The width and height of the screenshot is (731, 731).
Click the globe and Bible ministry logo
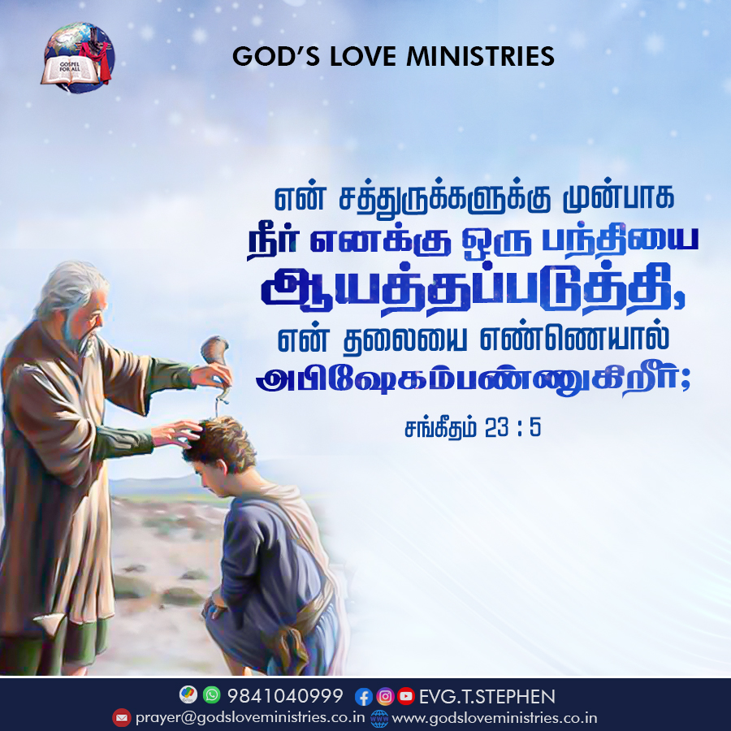pyautogui.click(x=77, y=58)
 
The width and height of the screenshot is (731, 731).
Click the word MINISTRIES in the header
pyautogui.click(x=480, y=56)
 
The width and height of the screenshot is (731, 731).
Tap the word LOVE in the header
pyautogui.click(x=363, y=56)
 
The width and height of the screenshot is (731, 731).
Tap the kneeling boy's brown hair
pyautogui.click(x=220, y=443)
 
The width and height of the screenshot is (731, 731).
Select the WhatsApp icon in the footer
pyautogui.click(x=212, y=694)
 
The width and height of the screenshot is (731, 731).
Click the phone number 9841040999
pyautogui.click(x=285, y=695)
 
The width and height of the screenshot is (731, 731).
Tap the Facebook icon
pyautogui.click(x=364, y=697)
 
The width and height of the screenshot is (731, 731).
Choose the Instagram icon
pyautogui.click(x=385, y=697)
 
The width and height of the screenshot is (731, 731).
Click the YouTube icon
pyautogui.click(x=406, y=696)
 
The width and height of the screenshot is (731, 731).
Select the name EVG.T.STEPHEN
pyautogui.click(x=487, y=697)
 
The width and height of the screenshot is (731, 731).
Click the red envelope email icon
pyautogui.click(x=122, y=717)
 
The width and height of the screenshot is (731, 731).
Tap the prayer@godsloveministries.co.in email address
pyautogui.click(x=250, y=717)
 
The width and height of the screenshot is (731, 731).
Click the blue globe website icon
pyautogui.click(x=379, y=719)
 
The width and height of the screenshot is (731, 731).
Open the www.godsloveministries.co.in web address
pyautogui.click(x=495, y=717)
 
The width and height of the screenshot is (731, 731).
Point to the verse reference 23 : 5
pyautogui.click(x=513, y=427)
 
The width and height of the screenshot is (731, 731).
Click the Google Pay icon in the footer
pyautogui.click(x=188, y=694)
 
